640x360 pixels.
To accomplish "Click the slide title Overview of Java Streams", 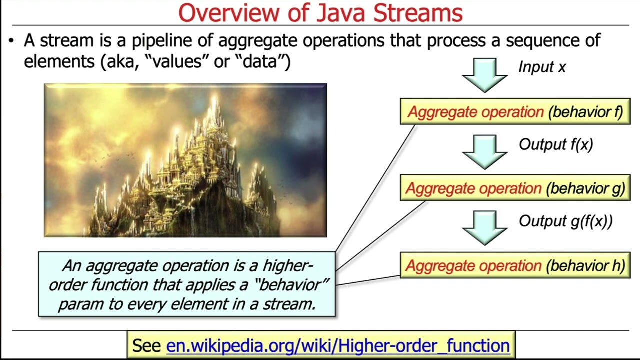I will pos(320,13).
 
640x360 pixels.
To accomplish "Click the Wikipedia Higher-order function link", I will pos(338,345).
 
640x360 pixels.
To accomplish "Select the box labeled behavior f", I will pos(515,112).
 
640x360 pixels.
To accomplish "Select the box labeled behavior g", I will pos(515,188).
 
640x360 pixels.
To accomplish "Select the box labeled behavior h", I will pos(515,266).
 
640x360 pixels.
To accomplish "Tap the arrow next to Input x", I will pos(484,75).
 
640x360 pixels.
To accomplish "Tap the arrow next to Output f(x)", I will pos(484,151).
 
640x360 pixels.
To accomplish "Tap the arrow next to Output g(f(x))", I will pos(484,228).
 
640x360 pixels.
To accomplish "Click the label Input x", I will pos(542,67).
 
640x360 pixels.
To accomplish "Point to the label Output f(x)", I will pos(556,144).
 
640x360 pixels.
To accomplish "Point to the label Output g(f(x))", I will pos(565,221).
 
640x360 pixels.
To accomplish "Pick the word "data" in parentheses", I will pos(265,62).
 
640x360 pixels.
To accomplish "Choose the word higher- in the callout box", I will pos(287,265).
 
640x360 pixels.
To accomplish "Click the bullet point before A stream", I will pos(11,41).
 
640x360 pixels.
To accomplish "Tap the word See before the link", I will pos(146,345).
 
